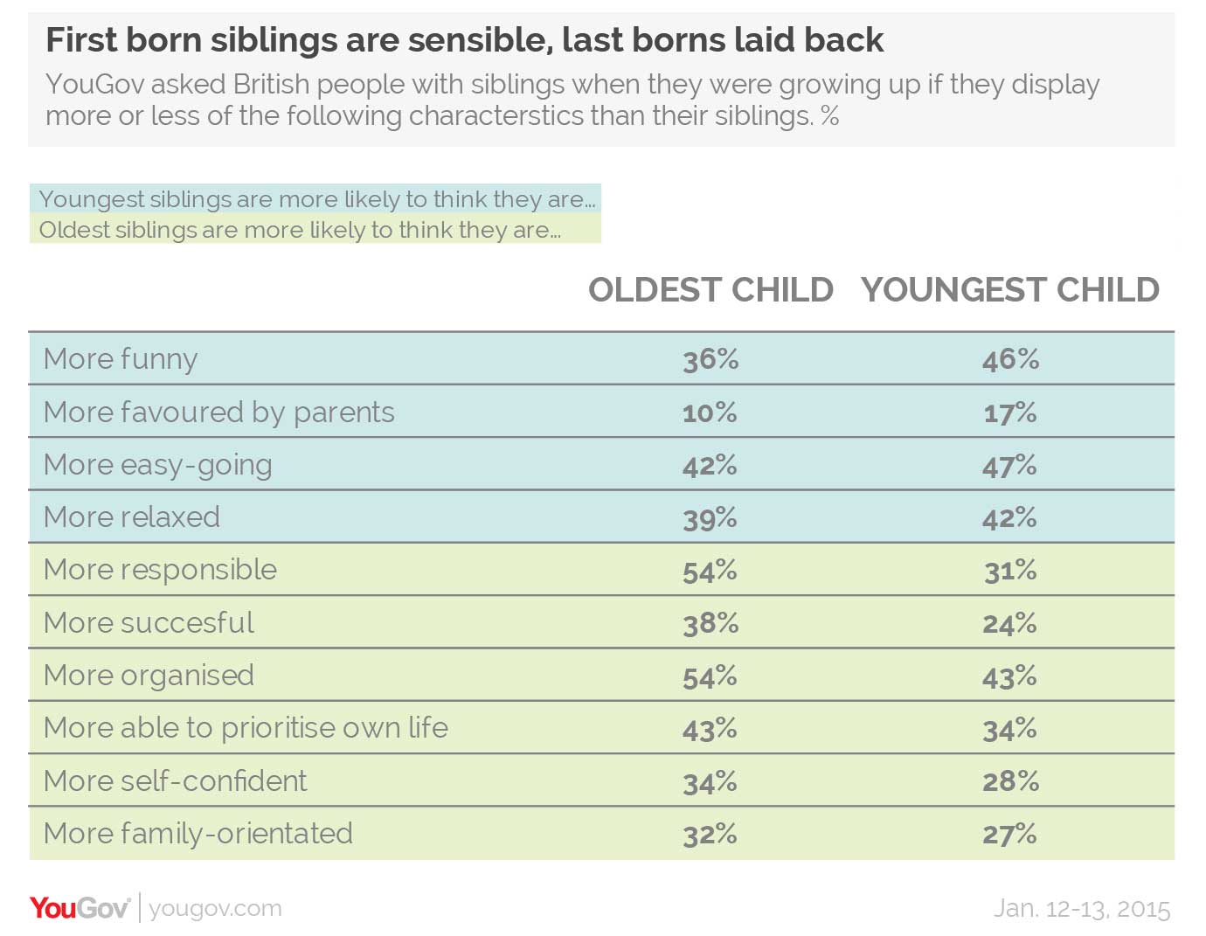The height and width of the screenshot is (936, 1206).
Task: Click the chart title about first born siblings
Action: tap(464, 40)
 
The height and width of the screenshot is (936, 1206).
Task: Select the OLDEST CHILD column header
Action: tap(710, 290)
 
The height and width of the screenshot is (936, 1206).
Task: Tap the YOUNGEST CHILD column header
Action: tap(1009, 290)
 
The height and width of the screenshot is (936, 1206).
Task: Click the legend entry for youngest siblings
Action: tap(316, 199)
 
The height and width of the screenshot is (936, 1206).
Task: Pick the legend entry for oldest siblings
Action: tap(299, 230)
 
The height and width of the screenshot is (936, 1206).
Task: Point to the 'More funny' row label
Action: tap(121, 359)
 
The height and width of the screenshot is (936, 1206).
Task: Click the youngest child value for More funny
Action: tap(1010, 359)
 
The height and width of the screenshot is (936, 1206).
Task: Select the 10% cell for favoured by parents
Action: tap(710, 413)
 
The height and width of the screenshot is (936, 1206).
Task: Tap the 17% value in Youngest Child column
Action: tap(1010, 413)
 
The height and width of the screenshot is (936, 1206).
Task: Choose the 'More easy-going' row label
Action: tap(157, 465)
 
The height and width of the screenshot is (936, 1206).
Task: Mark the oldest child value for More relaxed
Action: tap(710, 518)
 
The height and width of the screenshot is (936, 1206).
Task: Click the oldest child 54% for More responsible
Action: tap(710, 571)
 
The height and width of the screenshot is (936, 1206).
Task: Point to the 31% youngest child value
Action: tap(1010, 571)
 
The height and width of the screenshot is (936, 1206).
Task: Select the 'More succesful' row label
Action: tap(149, 623)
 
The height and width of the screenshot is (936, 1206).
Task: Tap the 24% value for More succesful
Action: tap(1010, 623)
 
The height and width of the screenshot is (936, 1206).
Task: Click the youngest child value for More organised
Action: tap(1010, 676)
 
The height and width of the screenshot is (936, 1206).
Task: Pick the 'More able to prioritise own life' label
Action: tap(246, 728)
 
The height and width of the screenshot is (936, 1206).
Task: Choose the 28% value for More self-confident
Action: tap(1010, 781)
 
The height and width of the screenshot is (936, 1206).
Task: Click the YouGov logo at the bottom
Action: tap(80, 908)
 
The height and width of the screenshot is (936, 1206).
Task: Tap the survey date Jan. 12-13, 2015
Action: tap(1081, 909)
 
